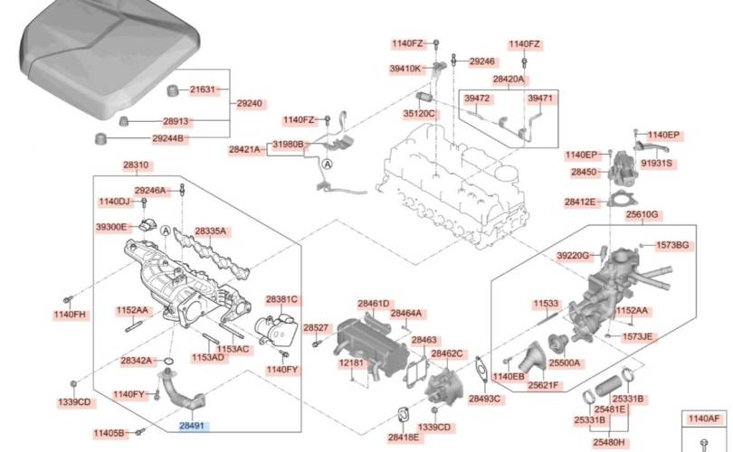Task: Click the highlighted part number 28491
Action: pos(192,424)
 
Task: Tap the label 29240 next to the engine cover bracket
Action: pos(250,104)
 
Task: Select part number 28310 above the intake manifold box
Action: pos(138,165)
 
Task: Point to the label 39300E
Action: pos(111,227)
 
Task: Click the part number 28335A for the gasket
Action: pos(210,231)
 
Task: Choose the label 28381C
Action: pos(281,299)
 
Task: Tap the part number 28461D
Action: pos(373,304)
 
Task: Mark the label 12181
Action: pos(351,363)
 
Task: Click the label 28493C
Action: pos(485,399)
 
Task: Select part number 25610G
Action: pos(643,215)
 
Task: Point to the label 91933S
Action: pos(657,164)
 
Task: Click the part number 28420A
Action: pos(509,80)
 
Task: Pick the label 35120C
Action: pos(419,114)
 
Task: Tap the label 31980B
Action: pos(289,145)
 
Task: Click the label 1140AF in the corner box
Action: pos(704,419)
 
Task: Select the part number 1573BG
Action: pos(672,246)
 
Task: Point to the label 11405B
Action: pos(117,434)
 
